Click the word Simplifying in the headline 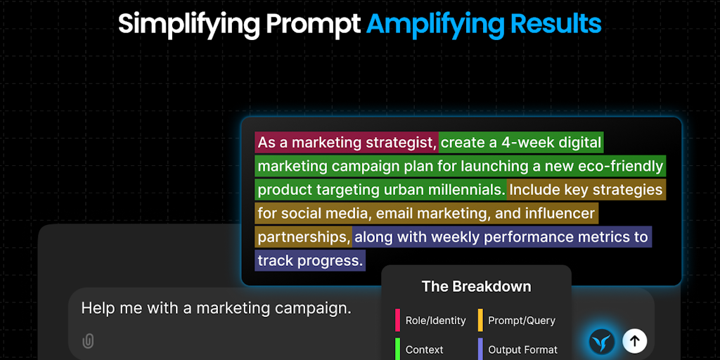pyautogui.click(x=189, y=24)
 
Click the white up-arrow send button pyautogui.click(x=635, y=341)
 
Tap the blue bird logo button pyautogui.click(x=602, y=341)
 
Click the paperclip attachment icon pyautogui.click(x=87, y=341)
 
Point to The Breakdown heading pyautogui.click(x=476, y=287)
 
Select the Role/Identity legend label pyautogui.click(x=435, y=321)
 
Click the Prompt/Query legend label pyautogui.click(x=522, y=321)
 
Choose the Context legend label pyautogui.click(x=424, y=350)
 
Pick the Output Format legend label pyautogui.click(x=522, y=350)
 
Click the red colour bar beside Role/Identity pyautogui.click(x=397, y=320)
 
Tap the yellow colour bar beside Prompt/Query pyautogui.click(x=480, y=320)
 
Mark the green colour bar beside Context pyautogui.click(x=397, y=349)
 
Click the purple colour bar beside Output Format pyautogui.click(x=480, y=349)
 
